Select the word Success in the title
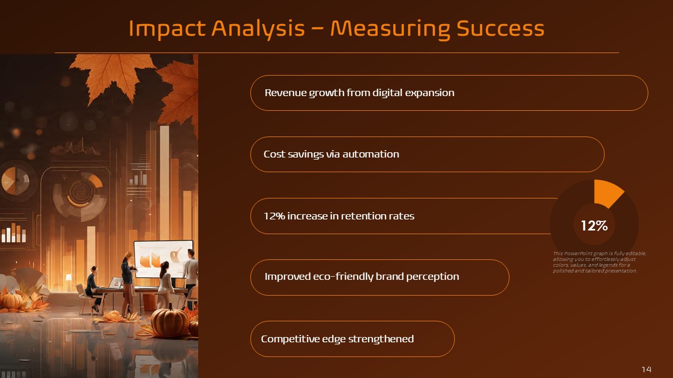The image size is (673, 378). (500, 28)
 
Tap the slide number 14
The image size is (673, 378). (646, 370)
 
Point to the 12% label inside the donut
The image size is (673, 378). (594, 226)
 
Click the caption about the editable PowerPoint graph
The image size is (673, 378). (599, 262)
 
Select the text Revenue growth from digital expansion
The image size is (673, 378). (359, 93)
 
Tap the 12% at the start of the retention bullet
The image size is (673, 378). (274, 216)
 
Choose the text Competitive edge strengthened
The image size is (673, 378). (337, 339)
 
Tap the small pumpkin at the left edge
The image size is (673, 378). (12, 300)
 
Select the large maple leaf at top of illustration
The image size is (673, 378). (113, 73)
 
